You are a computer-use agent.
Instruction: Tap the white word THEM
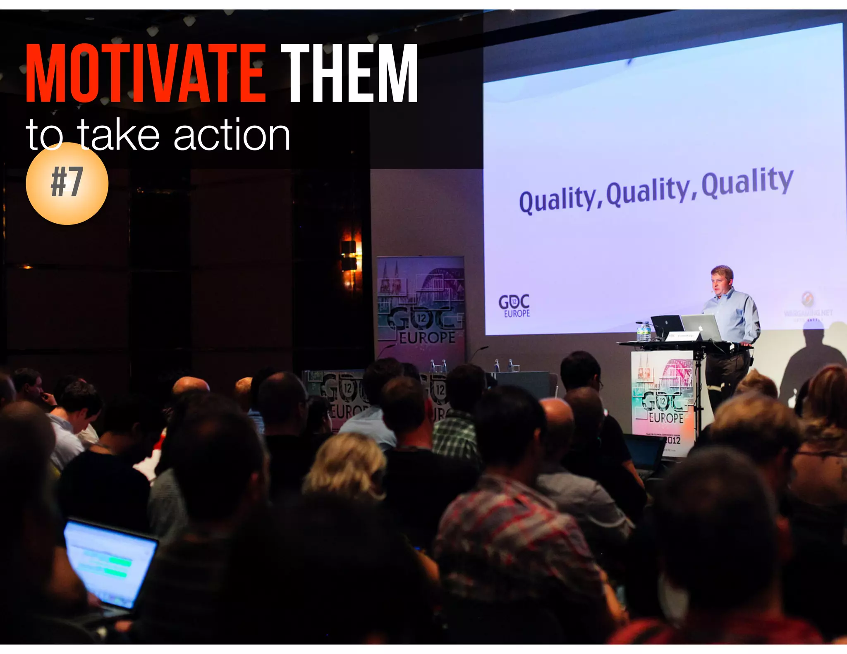coord(349,74)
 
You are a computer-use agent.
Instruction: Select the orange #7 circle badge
coord(67,183)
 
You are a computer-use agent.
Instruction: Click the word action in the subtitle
coord(232,136)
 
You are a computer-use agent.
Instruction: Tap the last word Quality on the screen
coord(747,182)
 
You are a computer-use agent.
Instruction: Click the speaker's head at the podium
coord(722,280)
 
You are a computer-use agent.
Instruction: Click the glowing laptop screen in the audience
coord(111,561)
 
